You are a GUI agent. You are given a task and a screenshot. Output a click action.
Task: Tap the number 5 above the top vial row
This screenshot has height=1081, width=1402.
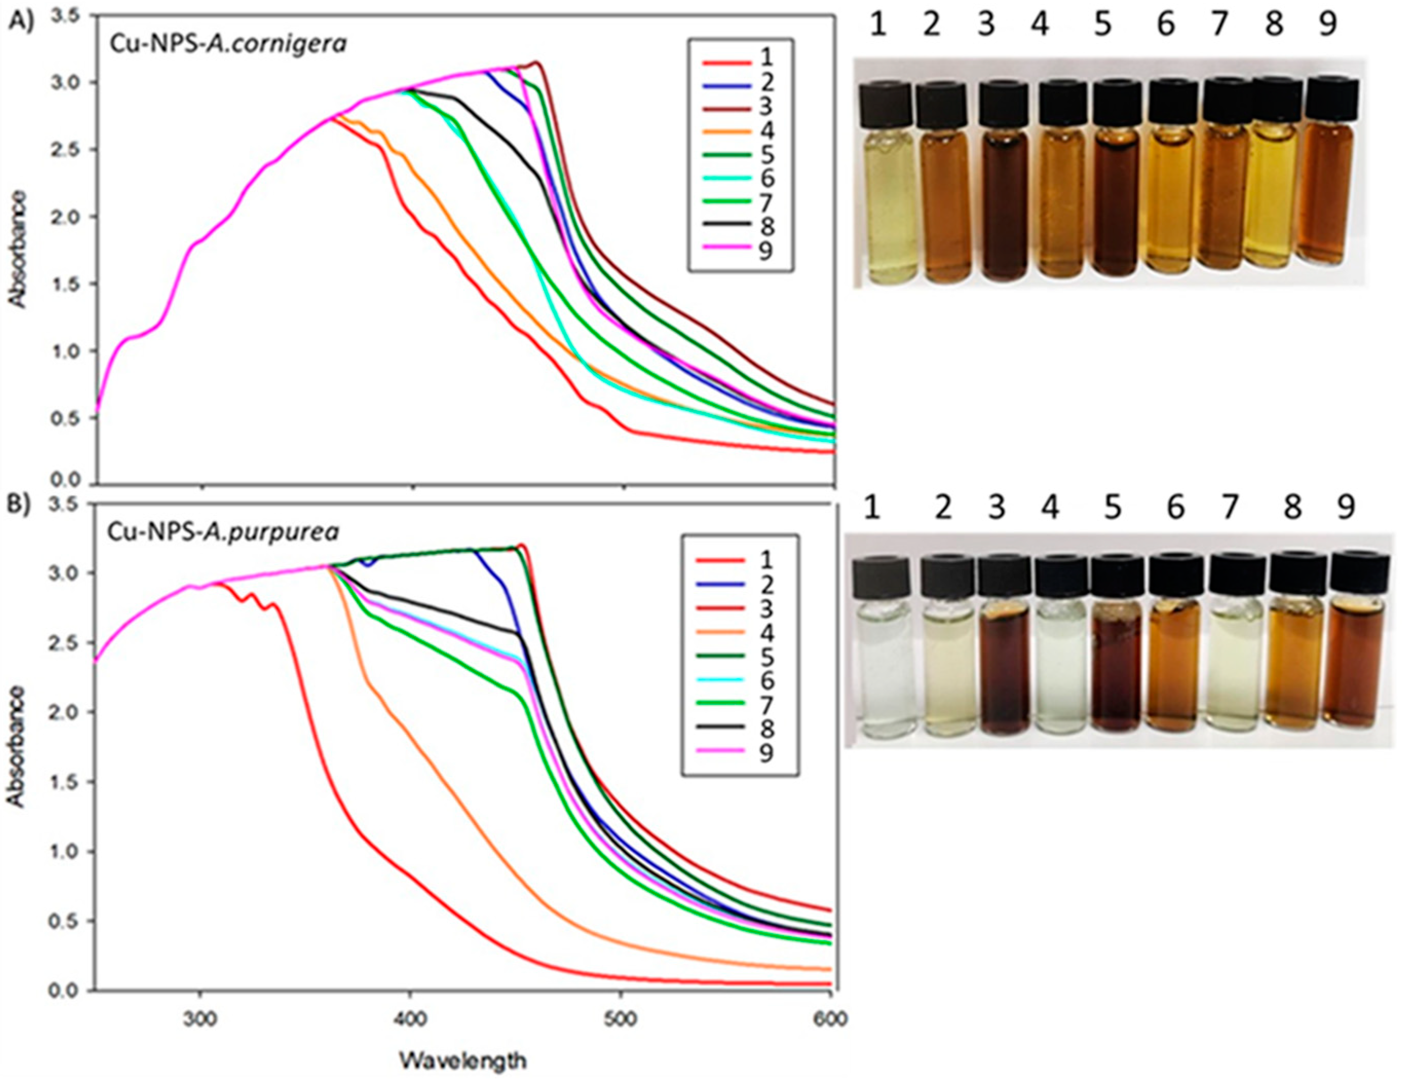pyautogui.click(x=1102, y=26)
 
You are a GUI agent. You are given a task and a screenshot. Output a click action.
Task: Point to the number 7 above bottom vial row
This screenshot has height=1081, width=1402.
pyautogui.click(x=1228, y=508)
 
